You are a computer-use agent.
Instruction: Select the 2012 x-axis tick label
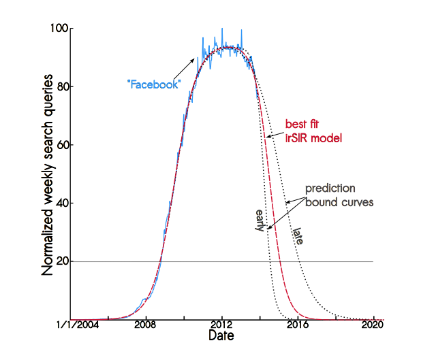222,327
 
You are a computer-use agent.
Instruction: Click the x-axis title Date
222,337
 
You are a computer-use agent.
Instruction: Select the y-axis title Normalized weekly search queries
48,174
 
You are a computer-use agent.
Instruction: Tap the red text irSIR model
313,138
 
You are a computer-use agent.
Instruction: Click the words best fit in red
302,125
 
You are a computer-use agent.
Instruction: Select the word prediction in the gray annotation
330,189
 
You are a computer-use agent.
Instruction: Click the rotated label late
298,236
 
